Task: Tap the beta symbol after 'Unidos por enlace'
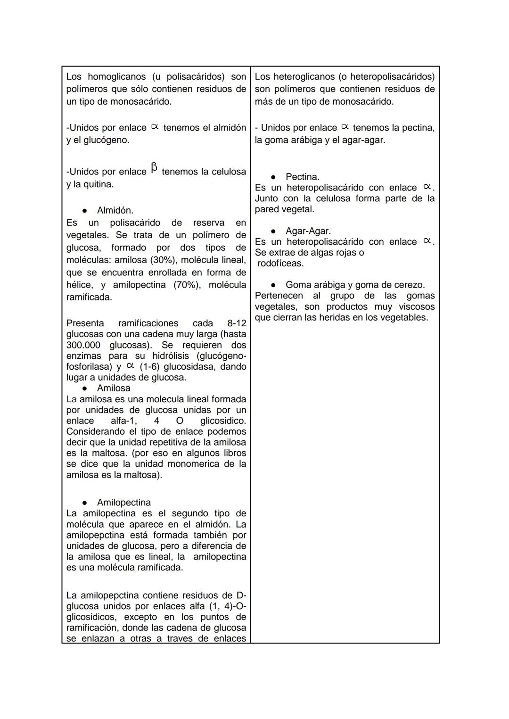pos(154,168)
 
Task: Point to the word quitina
pos(98,184)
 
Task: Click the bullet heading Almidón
pos(115,210)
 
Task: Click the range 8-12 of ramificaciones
pos(237,323)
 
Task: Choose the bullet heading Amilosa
pos(114,388)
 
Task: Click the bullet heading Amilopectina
pos(123,503)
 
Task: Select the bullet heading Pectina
pos(302,177)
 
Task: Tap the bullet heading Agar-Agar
pos(308,231)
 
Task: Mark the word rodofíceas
pos(280,264)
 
